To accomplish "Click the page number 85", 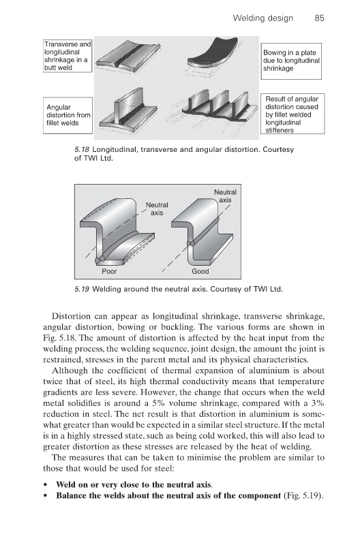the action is [x=319, y=18].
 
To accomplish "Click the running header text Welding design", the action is [x=263, y=18].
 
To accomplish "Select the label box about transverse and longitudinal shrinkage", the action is [x=67, y=56].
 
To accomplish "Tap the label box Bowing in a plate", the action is [x=290, y=61].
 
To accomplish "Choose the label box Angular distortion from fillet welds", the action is [x=67, y=115].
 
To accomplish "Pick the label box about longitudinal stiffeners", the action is [x=292, y=114].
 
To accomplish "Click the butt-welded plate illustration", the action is [x=128, y=57].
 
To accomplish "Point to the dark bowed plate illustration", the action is [x=212, y=53].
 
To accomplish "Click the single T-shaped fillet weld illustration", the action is [x=128, y=110].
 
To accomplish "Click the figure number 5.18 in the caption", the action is [x=82, y=150].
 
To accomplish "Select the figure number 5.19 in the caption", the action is [x=82, y=289].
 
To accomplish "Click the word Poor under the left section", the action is [x=109, y=271].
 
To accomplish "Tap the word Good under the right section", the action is [x=200, y=271].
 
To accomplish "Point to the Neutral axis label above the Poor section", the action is [x=157, y=209].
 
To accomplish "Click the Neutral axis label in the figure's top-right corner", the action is [x=225, y=196].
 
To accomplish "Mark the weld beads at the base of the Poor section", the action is [x=100, y=260].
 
